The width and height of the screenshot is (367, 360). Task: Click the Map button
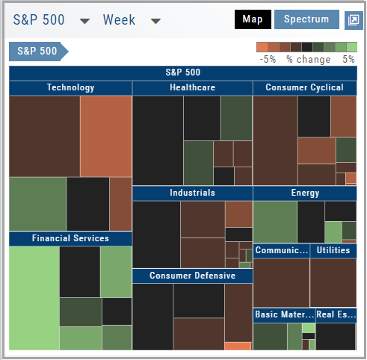coord(253,19)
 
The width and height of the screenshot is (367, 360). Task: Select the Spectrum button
coord(306,19)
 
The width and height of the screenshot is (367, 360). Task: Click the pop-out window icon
coord(354,20)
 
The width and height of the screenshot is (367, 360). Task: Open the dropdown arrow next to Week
coord(155,21)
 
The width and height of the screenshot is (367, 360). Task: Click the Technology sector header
coord(70,88)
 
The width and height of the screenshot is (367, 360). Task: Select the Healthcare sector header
coord(192,88)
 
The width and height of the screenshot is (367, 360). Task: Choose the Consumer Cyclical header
coord(305,88)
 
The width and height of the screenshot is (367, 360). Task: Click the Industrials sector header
coord(192,193)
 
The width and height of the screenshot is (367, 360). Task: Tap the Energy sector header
coord(305,193)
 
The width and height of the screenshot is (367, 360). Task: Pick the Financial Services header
coord(70,238)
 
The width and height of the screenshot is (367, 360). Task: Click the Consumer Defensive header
coord(192,276)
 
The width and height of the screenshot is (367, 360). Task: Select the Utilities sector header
coord(333,250)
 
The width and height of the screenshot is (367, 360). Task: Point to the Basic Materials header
coord(284,315)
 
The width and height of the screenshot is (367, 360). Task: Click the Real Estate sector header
coord(336,315)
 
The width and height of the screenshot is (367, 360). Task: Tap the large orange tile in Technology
coord(106,137)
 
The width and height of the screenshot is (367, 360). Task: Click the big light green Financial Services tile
coord(34,298)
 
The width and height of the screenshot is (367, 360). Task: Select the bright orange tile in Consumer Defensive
coord(238,347)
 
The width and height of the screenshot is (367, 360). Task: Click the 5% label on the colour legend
coord(348,60)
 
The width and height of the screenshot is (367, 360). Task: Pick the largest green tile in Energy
coord(275,222)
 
